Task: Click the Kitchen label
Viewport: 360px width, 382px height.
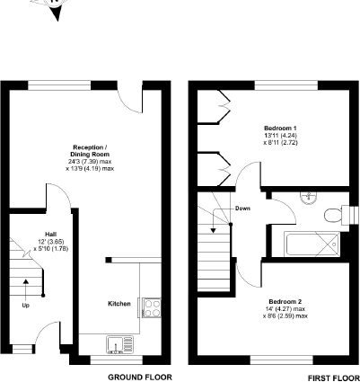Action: coord(119,304)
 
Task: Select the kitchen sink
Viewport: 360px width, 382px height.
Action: coord(117,342)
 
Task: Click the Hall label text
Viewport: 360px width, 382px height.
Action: coord(26,234)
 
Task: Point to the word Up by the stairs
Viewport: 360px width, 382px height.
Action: coord(24,306)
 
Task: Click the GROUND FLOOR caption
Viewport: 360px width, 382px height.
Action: coord(139,377)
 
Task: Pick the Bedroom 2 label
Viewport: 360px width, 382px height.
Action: coord(286,301)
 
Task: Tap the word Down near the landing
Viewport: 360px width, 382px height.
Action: coord(242,209)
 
